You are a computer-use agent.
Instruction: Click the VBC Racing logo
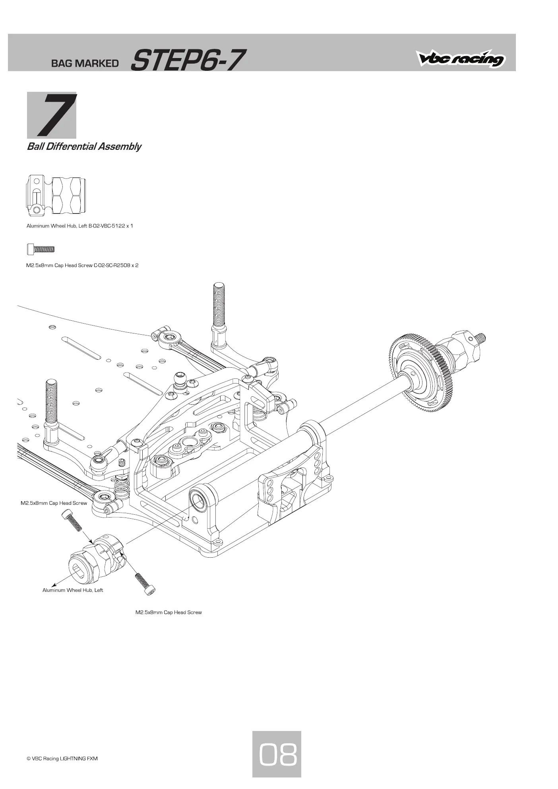pyautogui.click(x=461, y=58)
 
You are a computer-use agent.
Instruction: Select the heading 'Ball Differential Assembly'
pyautogui.click(x=84, y=147)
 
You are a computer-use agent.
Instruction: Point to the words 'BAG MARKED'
pyautogui.click(x=85, y=63)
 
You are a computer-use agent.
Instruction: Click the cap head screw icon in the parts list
pyautogui.click(x=41, y=249)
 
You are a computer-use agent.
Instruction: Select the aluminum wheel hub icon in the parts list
pyautogui.click(x=56, y=196)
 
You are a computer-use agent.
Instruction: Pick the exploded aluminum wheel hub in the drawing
pyautogui.click(x=97, y=556)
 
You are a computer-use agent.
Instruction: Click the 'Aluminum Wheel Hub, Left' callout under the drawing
pyautogui.click(x=73, y=590)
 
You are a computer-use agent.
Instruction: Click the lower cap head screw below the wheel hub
pyautogui.click(x=145, y=584)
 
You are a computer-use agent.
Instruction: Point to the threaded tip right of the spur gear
pyautogui.click(x=480, y=337)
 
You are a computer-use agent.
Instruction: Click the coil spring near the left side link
pyautogui.click(x=122, y=486)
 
